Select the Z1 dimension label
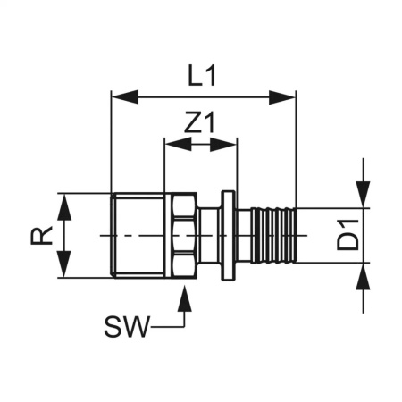point(201,122)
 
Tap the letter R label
point(39,236)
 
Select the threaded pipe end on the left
point(138,235)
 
